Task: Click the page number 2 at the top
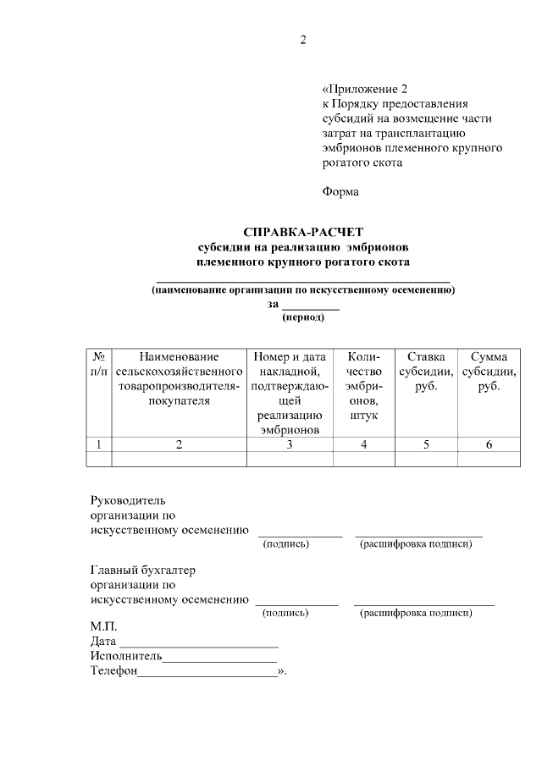tap(302, 40)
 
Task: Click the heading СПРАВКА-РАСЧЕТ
tap(302, 231)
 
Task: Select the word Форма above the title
tap(340, 191)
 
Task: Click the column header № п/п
tap(98, 364)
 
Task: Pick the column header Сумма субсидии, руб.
tap(489, 372)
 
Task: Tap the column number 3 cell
tap(289, 444)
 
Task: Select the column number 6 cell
tap(489, 444)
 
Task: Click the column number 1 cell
tap(98, 444)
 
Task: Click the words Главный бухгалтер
tap(142, 570)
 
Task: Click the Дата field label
tap(103, 642)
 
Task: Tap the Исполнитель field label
tap(126, 657)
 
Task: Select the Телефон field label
tap(113, 672)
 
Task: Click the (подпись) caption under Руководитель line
tap(286, 543)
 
